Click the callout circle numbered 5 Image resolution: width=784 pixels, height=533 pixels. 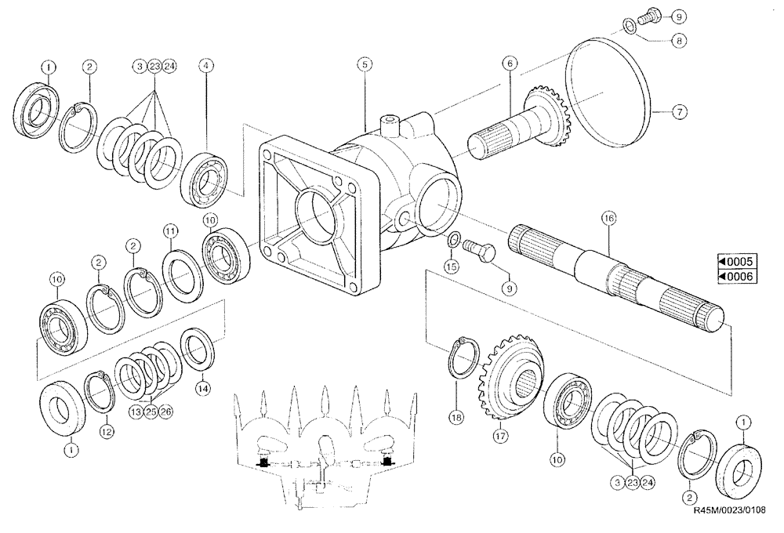coord(363,65)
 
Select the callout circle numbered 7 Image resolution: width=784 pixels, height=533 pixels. coord(679,112)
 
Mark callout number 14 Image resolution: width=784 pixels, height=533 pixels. coord(202,386)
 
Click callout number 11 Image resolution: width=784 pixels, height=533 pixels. coord(172,230)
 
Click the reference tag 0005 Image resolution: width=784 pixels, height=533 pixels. coord(734,263)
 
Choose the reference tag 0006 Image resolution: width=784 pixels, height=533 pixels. coord(734,276)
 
